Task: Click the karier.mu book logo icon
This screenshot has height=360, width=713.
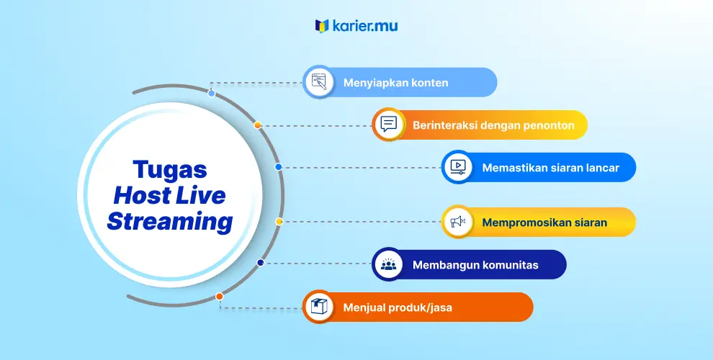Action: pyautogui.click(x=322, y=26)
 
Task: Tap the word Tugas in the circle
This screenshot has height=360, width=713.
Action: pyautogui.click(x=170, y=170)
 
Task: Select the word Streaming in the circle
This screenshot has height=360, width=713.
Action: pyautogui.click(x=170, y=222)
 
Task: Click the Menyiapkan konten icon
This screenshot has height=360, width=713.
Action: pyautogui.click(x=318, y=82)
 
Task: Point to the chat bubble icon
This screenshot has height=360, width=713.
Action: pyautogui.click(x=388, y=125)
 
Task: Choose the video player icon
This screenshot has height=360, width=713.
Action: pyautogui.click(x=458, y=167)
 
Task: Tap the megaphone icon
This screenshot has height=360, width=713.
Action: pyautogui.click(x=458, y=222)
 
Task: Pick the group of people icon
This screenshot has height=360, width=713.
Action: pyautogui.click(x=388, y=264)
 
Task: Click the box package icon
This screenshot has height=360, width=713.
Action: pyautogui.click(x=319, y=307)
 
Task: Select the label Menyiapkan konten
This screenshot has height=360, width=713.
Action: pyautogui.click(x=395, y=83)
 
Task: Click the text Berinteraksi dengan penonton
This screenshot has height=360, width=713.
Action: pyautogui.click(x=493, y=125)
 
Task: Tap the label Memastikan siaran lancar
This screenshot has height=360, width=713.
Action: pyautogui.click(x=551, y=168)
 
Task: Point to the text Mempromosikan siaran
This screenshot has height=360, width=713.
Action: pyautogui.click(x=544, y=222)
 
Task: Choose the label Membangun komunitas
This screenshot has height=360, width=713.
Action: pyautogui.click(x=475, y=265)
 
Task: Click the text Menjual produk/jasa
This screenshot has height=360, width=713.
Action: pyautogui.click(x=398, y=307)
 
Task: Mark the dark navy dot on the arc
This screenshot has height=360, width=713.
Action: pyautogui.click(x=261, y=262)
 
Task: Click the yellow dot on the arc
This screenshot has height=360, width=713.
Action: pyautogui.click(x=279, y=221)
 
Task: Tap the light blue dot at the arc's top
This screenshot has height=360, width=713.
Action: pyautogui.click(x=212, y=93)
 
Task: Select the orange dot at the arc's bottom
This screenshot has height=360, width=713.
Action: pyautogui.click(x=220, y=297)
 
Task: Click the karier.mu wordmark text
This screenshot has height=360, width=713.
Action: pyautogui.click(x=365, y=26)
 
